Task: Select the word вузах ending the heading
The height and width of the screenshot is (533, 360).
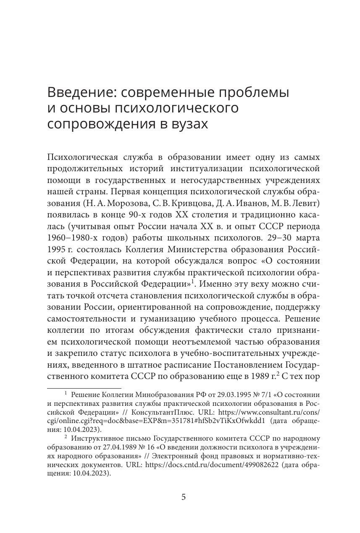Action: tap(186, 124)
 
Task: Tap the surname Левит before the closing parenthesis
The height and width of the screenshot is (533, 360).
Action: tap(306, 203)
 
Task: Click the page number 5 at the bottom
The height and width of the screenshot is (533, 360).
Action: tap(183, 497)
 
